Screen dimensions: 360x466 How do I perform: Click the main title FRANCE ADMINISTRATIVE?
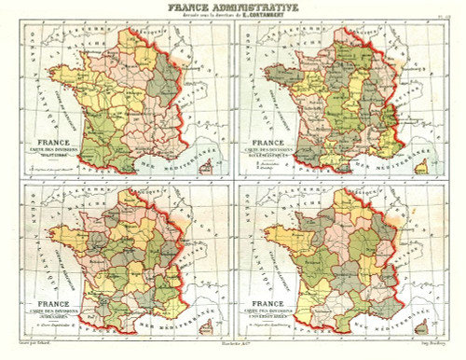point(233,7)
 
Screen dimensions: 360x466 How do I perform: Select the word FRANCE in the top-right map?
point(274,142)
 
